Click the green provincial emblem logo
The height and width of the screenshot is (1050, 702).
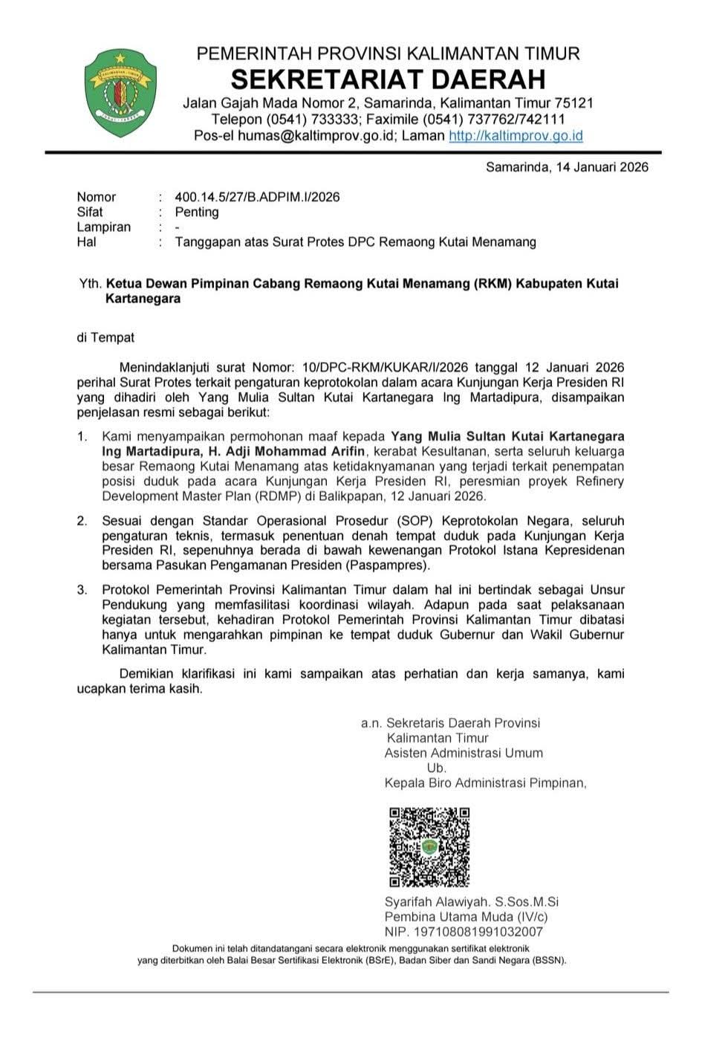click(120, 92)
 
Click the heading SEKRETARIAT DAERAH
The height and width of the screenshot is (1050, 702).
click(388, 78)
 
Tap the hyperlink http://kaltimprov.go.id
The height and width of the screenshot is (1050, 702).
click(516, 136)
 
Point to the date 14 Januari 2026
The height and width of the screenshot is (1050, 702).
click(599, 167)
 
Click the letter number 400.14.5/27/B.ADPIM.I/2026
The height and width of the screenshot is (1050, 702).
click(257, 197)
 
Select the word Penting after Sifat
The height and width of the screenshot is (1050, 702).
click(197, 212)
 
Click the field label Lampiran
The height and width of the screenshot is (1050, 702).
click(103, 227)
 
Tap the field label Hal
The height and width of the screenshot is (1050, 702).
click(86, 242)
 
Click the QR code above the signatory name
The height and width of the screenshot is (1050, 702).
click(429, 846)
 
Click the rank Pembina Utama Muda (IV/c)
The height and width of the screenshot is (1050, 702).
click(466, 917)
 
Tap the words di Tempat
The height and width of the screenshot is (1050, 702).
click(105, 337)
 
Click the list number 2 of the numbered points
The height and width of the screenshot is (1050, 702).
click(82, 520)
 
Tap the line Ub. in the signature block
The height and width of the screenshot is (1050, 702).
click(436, 768)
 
